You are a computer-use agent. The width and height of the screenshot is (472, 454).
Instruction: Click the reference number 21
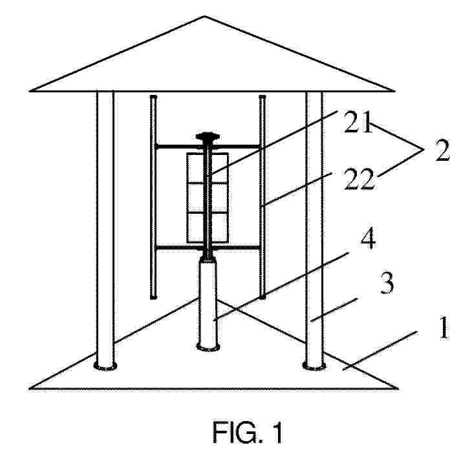click(358, 123)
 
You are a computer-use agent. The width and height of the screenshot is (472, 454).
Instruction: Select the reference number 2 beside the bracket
click(442, 150)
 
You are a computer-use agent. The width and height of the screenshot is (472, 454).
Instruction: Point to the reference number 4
click(368, 239)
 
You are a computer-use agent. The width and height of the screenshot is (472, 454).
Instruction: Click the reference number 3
click(387, 284)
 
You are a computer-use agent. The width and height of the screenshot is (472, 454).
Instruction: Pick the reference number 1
click(444, 328)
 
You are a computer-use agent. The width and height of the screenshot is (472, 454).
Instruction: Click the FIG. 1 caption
click(248, 432)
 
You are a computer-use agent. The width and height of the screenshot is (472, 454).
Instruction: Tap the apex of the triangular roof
click(205, 16)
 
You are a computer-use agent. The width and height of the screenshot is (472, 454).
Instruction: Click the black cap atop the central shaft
click(207, 137)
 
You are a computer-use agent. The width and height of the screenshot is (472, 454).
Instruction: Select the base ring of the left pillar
click(105, 366)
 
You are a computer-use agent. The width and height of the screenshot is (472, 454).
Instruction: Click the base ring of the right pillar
click(314, 366)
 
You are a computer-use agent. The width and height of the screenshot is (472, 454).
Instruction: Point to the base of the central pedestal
click(208, 347)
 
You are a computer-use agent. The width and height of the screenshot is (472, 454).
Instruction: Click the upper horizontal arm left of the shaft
click(178, 147)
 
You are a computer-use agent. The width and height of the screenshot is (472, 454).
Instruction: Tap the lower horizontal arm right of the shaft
click(236, 247)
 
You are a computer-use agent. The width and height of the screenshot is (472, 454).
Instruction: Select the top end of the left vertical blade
click(153, 97)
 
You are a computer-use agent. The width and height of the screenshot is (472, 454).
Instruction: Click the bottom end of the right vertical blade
click(263, 297)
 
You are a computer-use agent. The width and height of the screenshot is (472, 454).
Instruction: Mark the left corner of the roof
click(30, 90)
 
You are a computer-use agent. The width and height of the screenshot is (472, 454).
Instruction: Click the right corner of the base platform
click(398, 389)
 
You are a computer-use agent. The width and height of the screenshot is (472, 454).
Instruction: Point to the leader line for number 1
click(380, 351)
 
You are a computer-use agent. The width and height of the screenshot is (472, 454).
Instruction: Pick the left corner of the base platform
click(30, 389)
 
